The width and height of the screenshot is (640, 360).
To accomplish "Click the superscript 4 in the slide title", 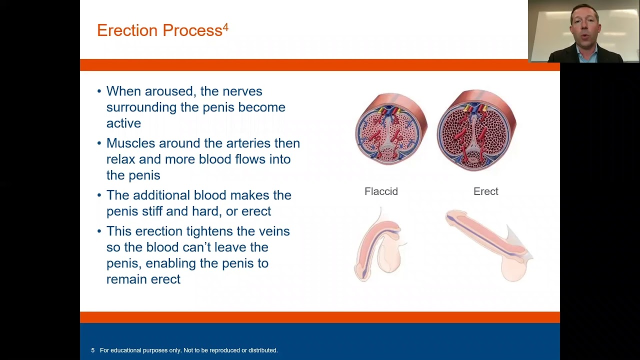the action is [x=225, y=27].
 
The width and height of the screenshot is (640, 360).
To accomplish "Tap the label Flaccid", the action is [x=381, y=191].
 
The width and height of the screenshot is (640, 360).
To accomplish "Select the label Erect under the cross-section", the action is [x=485, y=191].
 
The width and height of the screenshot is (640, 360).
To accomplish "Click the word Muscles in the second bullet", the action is [x=131, y=143].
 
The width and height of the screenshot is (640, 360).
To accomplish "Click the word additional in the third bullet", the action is [x=161, y=195].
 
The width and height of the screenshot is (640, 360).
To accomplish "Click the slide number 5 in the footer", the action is [x=93, y=350].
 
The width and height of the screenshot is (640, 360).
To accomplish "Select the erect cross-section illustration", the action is [x=476, y=130].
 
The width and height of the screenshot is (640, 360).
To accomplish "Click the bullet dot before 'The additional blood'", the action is [x=99, y=195].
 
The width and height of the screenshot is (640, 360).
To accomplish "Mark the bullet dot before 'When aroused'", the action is [x=99, y=91].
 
